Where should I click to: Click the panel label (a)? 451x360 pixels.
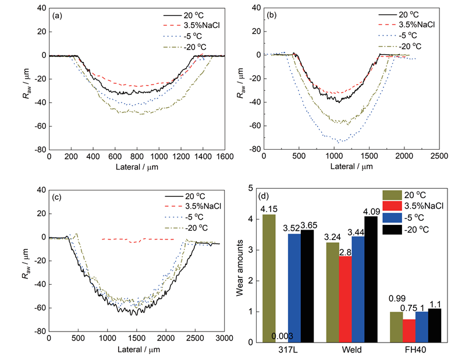click(58, 16)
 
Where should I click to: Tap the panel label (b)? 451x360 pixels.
click(272, 16)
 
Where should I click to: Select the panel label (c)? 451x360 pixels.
click(58, 198)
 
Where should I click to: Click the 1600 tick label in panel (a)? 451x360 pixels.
click(224, 158)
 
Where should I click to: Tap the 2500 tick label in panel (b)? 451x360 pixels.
click(439, 158)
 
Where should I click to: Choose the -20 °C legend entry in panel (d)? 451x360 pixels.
click(413, 230)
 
